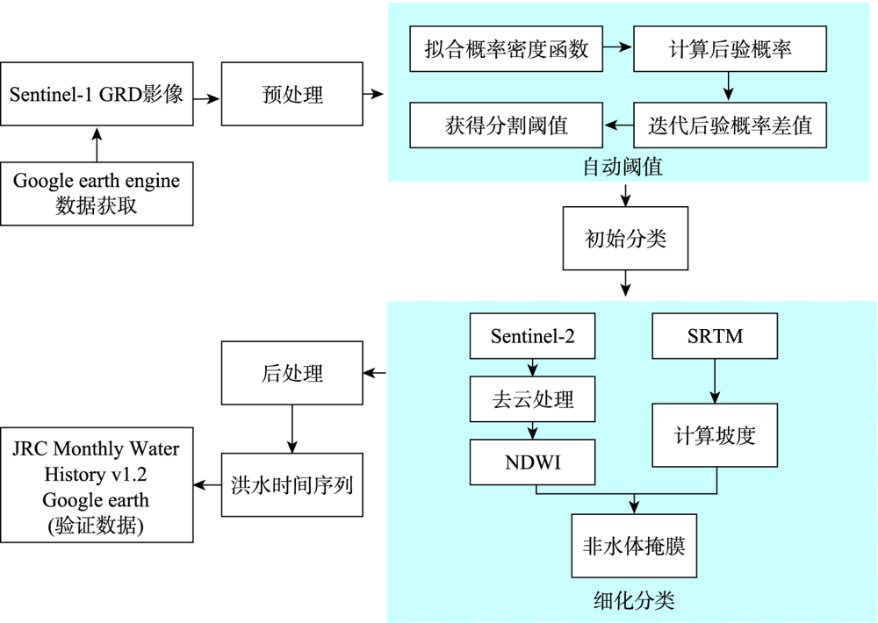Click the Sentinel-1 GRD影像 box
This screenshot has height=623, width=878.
click(97, 95)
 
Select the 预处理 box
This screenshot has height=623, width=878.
click(292, 95)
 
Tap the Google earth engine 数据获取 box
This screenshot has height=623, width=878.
click(97, 193)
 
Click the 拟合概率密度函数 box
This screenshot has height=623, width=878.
click(507, 49)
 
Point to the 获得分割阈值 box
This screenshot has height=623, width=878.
click(507, 125)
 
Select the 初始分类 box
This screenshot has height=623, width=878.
click(625, 239)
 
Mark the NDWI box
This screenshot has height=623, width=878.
click(533, 461)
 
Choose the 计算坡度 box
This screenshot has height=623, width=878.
click(715, 434)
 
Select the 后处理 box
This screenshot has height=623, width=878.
click(292, 374)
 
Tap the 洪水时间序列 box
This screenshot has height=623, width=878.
click(292, 484)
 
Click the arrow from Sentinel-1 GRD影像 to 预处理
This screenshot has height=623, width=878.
click(207, 96)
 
